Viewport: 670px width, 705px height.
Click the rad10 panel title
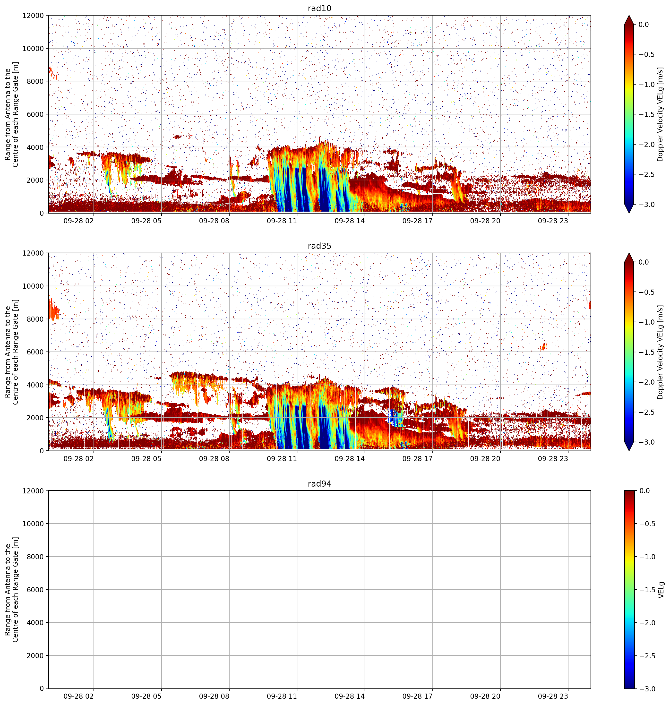pos(319,8)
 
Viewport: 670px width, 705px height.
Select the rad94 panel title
pos(319,484)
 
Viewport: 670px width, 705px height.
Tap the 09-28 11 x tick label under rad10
pos(282,221)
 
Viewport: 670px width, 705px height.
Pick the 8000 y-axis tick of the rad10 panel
pos(36,81)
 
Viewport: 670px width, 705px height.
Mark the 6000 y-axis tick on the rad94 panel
pos(36,590)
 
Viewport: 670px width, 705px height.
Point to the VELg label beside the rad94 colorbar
pos(661,590)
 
